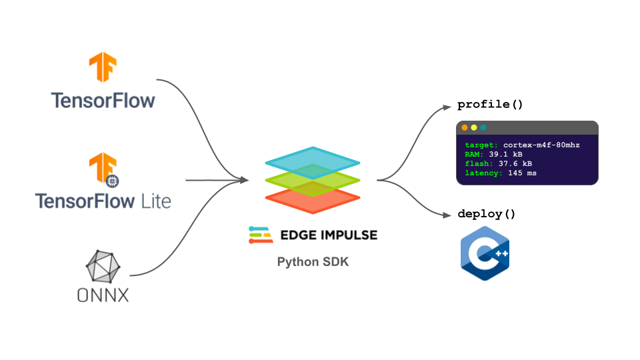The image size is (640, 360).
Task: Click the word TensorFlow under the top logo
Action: (x=103, y=101)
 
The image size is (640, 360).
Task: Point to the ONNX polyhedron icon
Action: (x=103, y=267)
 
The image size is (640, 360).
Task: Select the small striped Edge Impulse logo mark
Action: (x=259, y=235)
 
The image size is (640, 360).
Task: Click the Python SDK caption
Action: (x=313, y=262)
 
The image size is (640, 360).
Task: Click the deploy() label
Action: (x=487, y=214)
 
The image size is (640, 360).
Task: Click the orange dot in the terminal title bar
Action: (x=465, y=127)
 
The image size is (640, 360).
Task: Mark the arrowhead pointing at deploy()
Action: (x=449, y=215)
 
